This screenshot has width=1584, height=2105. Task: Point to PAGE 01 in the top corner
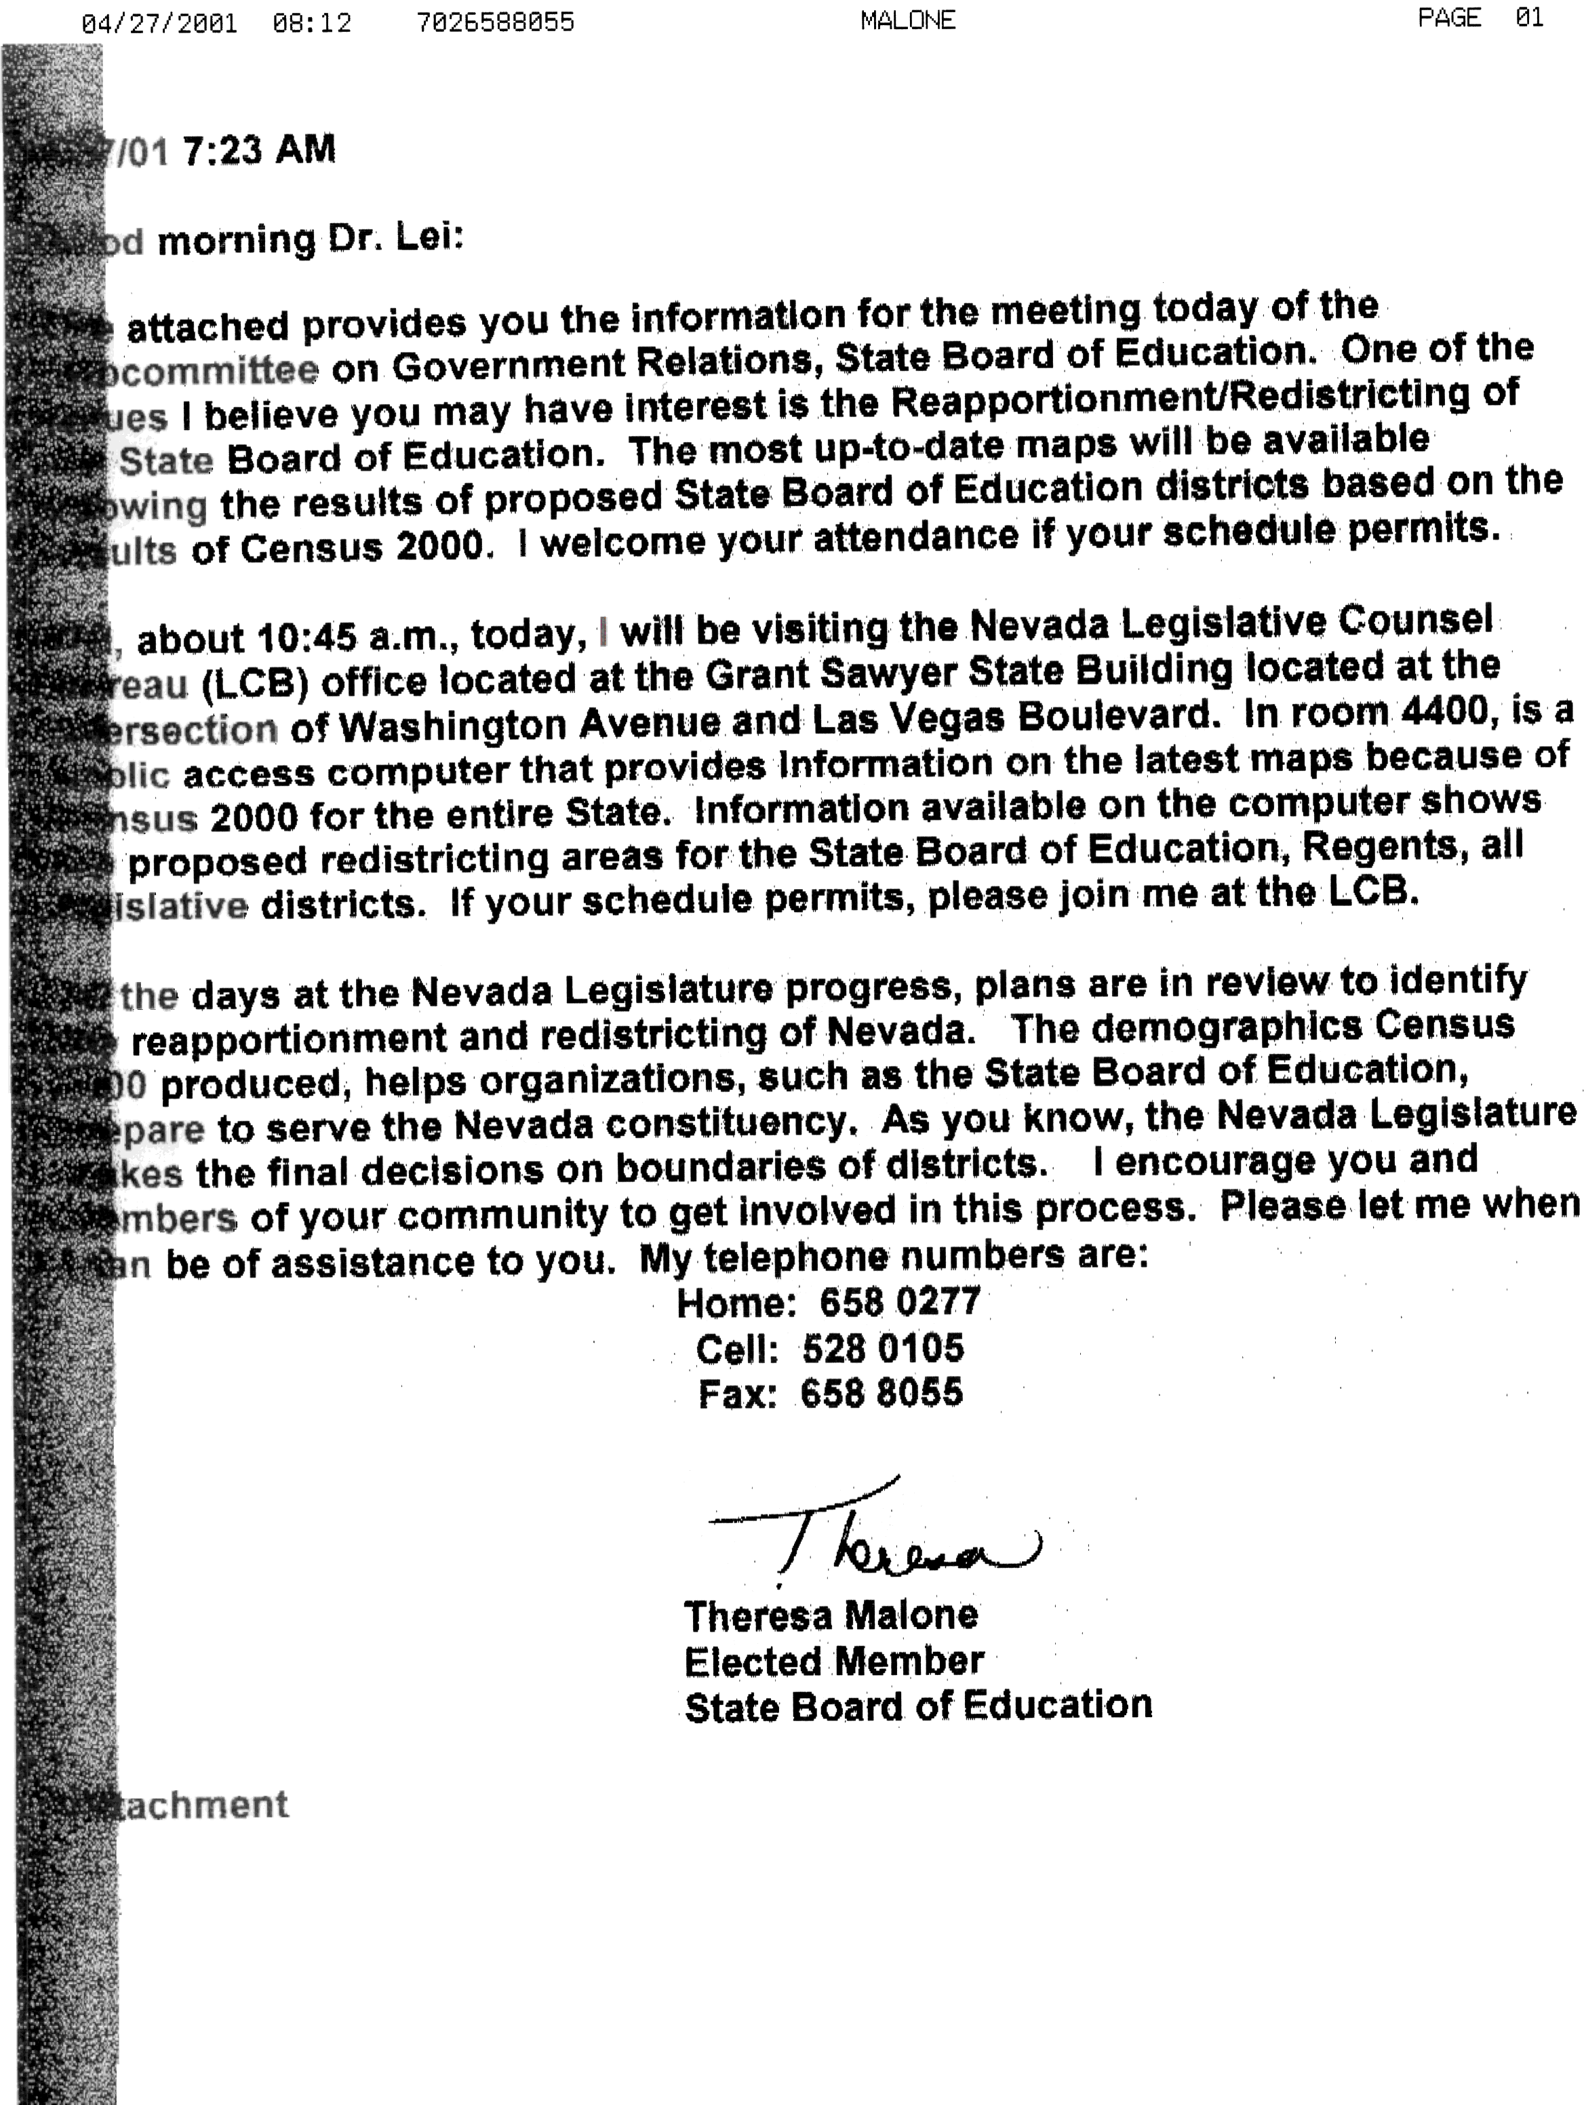[1480, 18]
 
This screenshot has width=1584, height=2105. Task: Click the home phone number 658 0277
[899, 1301]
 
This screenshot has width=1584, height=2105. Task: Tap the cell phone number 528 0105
[883, 1347]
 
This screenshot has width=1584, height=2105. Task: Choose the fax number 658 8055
[881, 1393]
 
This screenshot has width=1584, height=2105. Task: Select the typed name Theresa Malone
[831, 1615]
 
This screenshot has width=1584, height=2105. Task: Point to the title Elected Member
[833, 1661]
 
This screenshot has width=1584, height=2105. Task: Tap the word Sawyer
[962, 673]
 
